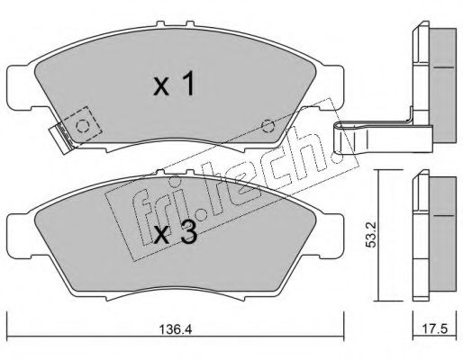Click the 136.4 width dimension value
(x=175, y=329)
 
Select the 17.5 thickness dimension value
(x=435, y=328)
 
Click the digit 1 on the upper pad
(x=188, y=85)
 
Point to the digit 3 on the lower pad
(x=188, y=232)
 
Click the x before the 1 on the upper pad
(x=161, y=87)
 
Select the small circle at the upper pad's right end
(x=268, y=126)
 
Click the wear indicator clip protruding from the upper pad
(x=61, y=139)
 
